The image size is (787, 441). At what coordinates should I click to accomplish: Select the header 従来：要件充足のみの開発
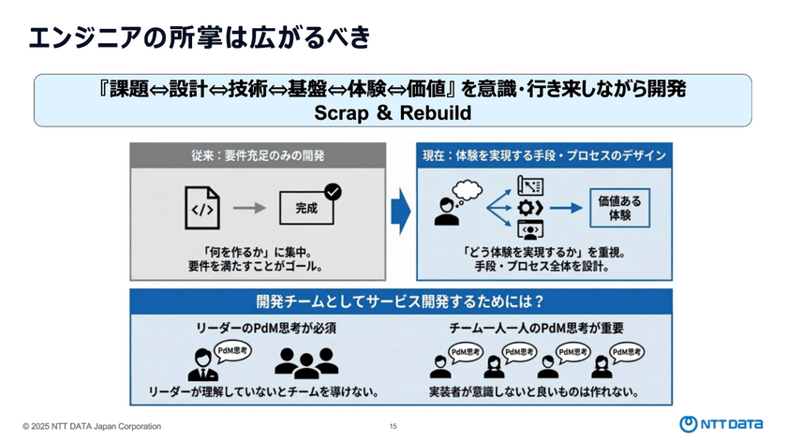257,155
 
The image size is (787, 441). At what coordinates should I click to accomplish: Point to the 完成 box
305,209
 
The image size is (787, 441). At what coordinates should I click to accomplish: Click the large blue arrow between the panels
402,212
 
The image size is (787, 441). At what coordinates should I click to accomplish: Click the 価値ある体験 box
619,208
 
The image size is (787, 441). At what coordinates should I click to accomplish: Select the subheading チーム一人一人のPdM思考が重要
537,329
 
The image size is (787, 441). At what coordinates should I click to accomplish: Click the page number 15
393,426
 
